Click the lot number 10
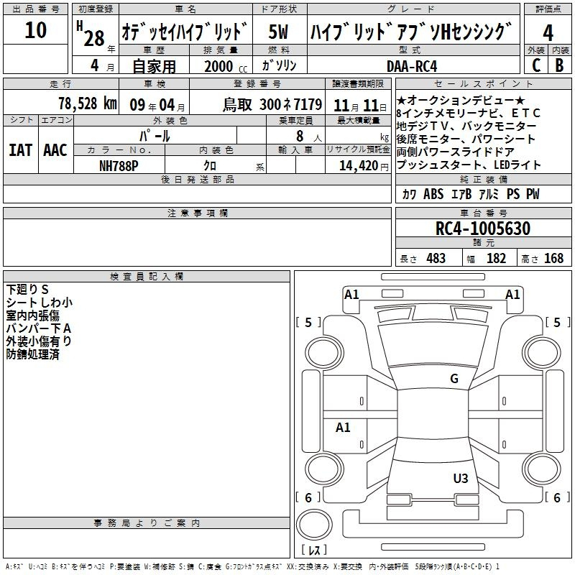pyautogui.click(x=35, y=30)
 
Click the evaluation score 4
pyautogui.click(x=548, y=33)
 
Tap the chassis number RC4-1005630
pyautogui.click(x=483, y=229)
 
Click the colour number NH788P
pyautogui.click(x=119, y=166)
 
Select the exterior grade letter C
pyautogui.click(x=535, y=65)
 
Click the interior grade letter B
pyautogui.click(x=559, y=65)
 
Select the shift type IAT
pyautogui.click(x=20, y=150)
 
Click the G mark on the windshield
pyautogui.click(x=454, y=379)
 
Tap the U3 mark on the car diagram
pyautogui.click(x=461, y=478)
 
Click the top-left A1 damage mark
pyautogui.click(x=351, y=294)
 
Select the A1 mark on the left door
pyautogui.click(x=343, y=428)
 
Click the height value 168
pyautogui.click(x=553, y=259)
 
